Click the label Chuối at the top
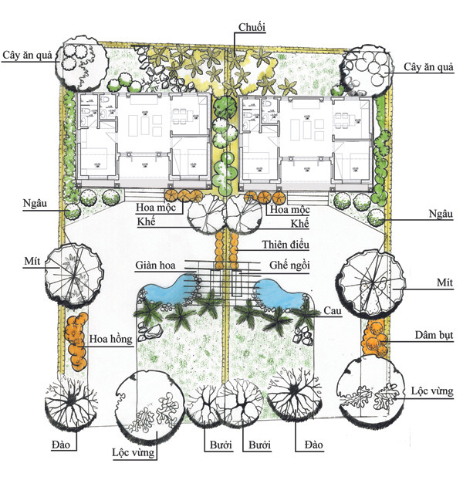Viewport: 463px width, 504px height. (252, 28)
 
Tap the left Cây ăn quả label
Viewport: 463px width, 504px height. (27, 55)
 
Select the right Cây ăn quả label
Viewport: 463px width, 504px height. (428, 67)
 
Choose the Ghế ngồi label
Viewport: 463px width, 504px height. (289, 265)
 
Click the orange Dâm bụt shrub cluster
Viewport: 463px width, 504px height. (373, 337)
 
